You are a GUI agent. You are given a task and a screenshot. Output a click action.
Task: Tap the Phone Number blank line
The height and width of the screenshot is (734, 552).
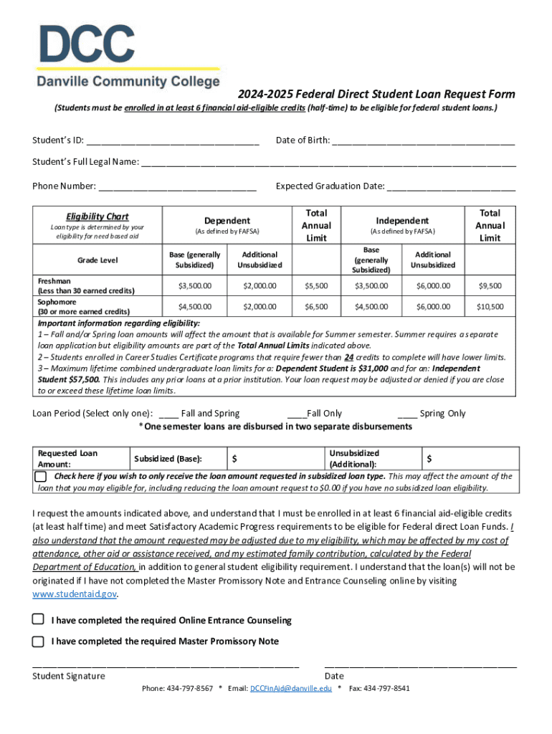tap(177, 187)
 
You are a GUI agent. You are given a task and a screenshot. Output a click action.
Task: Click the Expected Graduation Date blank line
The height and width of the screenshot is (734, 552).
tap(451, 187)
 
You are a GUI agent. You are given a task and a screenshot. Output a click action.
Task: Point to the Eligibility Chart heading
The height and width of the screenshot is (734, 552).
tap(97, 216)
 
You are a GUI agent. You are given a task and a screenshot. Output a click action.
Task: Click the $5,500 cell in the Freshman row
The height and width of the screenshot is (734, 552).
tap(316, 286)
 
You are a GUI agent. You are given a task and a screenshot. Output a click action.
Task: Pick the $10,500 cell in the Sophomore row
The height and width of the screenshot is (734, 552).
tap(490, 307)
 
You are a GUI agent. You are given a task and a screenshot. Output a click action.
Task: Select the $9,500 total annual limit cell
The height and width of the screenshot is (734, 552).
tap(490, 286)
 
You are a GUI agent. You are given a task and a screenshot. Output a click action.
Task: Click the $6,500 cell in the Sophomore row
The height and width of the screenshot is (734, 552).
tap(316, 307)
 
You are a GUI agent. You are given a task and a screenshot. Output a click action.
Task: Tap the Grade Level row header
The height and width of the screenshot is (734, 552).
tap(97, 260)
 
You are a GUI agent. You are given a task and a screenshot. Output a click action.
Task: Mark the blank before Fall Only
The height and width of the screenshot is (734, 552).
tap(318, 414)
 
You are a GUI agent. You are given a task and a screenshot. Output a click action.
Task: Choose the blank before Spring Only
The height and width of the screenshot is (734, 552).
tap(428, 414)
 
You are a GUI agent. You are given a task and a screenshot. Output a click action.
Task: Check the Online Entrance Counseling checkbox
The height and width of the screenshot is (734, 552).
tap(38, 619)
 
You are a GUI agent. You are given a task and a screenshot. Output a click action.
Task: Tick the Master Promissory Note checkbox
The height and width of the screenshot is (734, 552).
tap(38, 641)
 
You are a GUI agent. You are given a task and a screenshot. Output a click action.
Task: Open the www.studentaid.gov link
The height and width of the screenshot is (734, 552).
tap(75, 594)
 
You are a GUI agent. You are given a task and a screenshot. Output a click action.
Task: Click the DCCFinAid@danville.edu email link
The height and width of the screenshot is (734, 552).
tap(290, 688)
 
